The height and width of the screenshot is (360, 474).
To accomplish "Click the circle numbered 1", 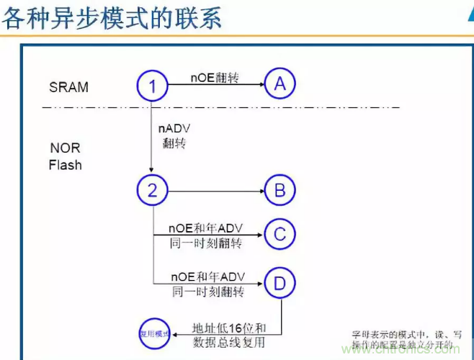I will (152, 86).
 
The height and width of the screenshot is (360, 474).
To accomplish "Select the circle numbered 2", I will (152, 191).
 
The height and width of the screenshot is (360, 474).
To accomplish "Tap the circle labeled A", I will (280, 84).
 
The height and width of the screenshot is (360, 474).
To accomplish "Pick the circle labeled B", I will (280, 191).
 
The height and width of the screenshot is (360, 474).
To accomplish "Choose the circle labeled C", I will (280, 233).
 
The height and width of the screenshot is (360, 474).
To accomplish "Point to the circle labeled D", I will (280, 282).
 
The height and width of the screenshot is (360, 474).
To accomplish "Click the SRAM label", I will (69, 87).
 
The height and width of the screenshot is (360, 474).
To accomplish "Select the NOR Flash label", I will (66, 157).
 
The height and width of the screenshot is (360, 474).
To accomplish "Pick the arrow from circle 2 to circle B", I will (215, 191).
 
